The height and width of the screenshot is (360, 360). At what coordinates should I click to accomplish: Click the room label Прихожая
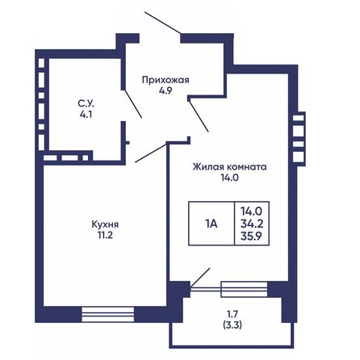click(x=165, y=79)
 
